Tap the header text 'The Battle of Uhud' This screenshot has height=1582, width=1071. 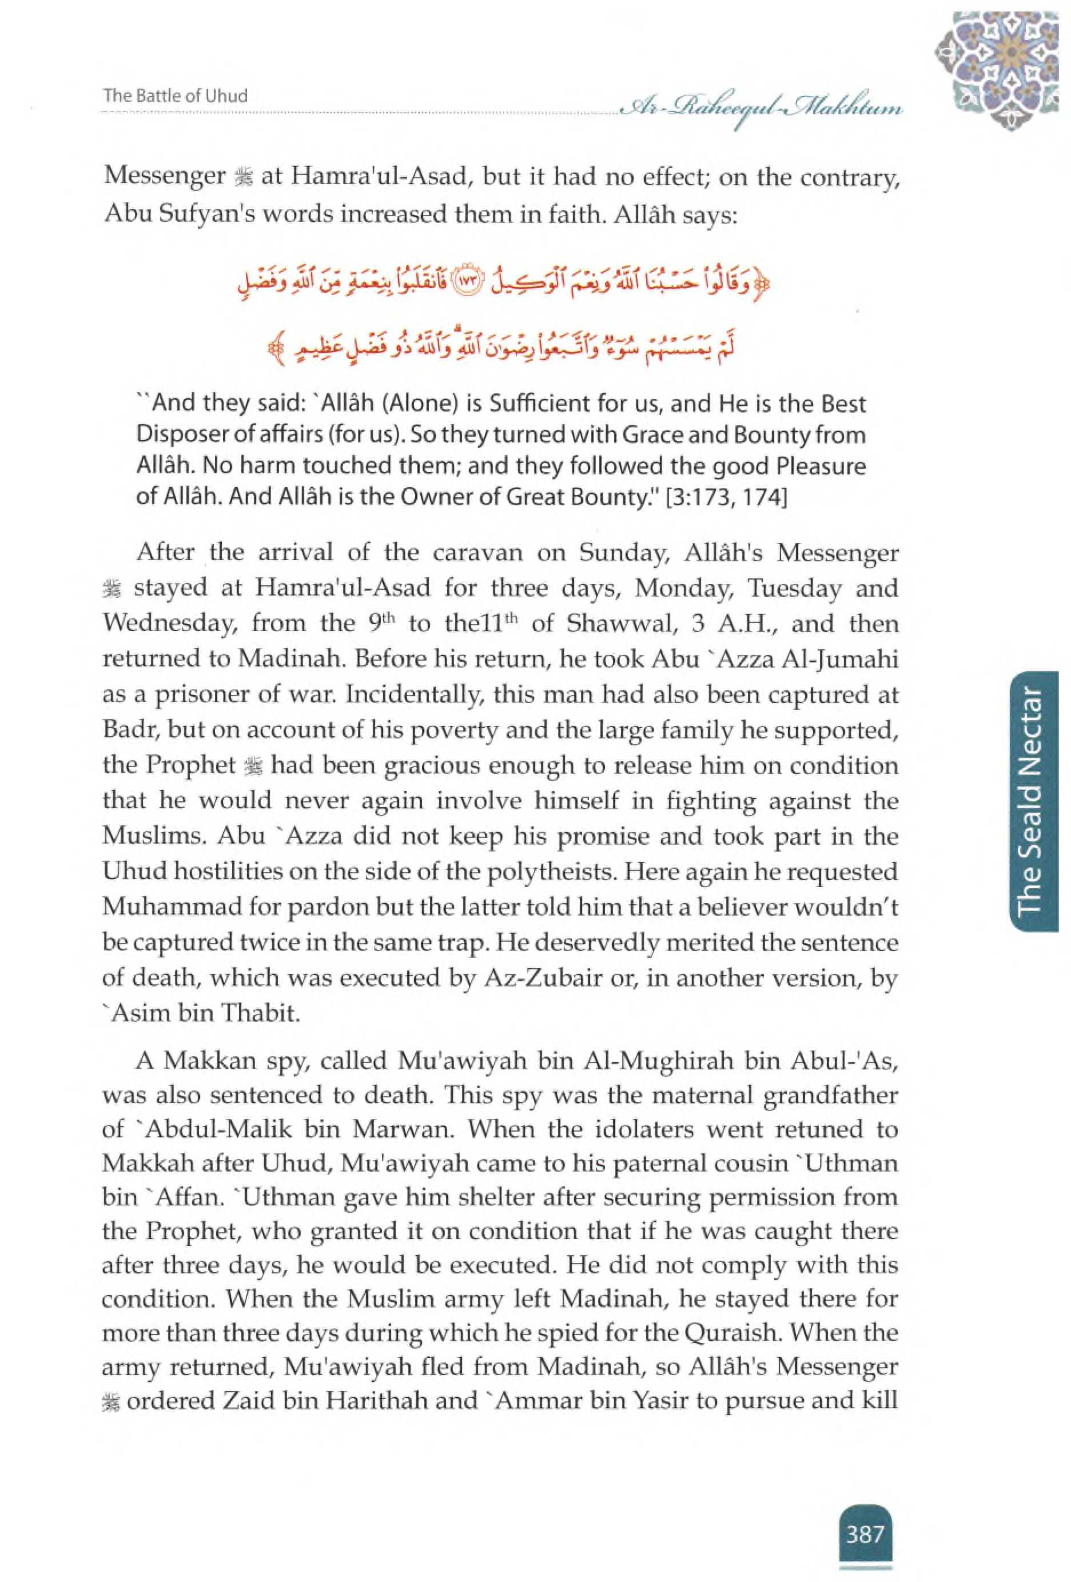click(x=175, y=96)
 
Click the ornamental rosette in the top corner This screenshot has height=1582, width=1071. click(x=996, y=68)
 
